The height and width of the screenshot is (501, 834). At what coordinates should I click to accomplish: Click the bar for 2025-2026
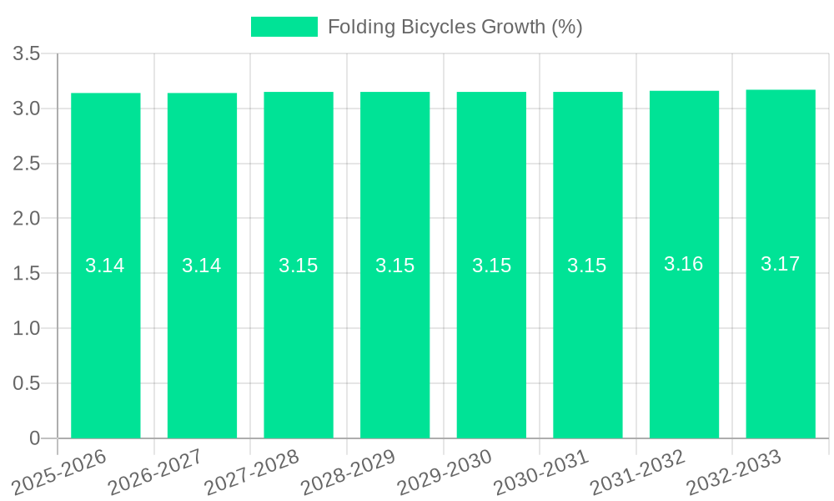tap(105, 334)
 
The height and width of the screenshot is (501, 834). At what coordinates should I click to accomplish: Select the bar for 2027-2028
tap(299, 334)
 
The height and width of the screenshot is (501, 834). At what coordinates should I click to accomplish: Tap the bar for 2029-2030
tap(491, 334)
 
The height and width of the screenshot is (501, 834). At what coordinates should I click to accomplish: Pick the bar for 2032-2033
tap(781, 334)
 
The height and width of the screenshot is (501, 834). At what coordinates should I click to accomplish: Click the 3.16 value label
tap(684, 264)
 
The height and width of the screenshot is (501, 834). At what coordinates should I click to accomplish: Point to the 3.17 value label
tap(781, 264)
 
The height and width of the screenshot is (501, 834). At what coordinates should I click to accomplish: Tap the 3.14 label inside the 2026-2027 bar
tap(202, 266)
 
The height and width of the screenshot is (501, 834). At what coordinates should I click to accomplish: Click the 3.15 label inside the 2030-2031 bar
tap(587, 266)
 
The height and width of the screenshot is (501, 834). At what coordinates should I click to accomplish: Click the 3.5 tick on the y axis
tap(27, 54)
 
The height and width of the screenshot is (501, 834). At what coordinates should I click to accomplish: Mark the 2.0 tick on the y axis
tap(27, 219)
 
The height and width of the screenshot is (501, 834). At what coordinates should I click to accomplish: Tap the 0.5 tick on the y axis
tap(27, 383)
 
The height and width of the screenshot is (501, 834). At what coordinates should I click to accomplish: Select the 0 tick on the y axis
tap(34, 438)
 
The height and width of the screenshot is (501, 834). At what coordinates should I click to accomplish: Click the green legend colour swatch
tap(284, 27)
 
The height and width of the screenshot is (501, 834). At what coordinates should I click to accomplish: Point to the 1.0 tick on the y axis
tap(27, 328)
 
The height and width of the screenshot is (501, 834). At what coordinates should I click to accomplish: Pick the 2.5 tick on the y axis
tap(27, 164)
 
